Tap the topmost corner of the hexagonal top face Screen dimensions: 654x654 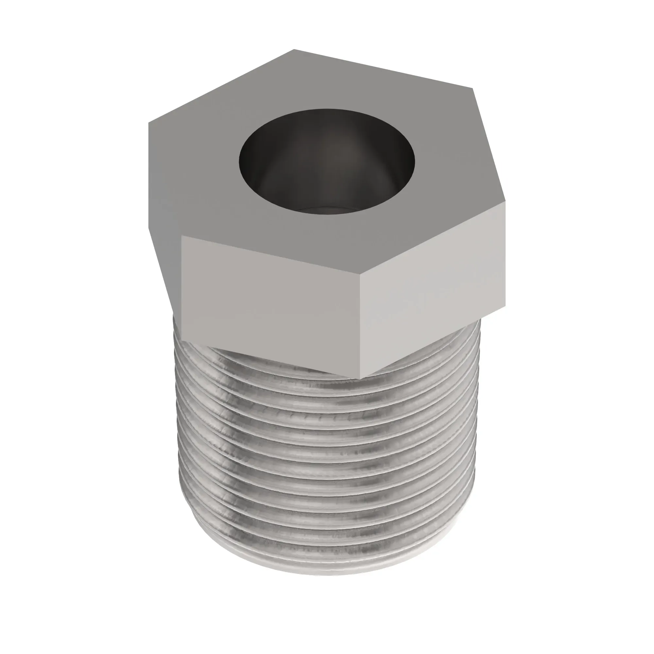coord(294,49)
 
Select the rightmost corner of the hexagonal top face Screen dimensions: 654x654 coord(505,199)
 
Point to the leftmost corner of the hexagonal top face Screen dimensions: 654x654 coord(148,123)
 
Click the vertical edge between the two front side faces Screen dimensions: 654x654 coord(360,325)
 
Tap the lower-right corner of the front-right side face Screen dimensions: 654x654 coord(505,306)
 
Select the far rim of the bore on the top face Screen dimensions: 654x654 coord(327,109)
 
